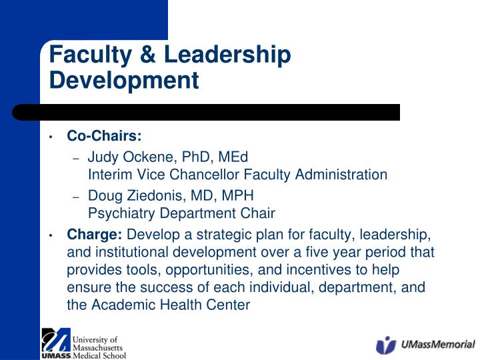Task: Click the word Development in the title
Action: coord(124,81)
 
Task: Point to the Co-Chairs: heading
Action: coord(104,137)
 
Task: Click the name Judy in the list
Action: coord(102,158)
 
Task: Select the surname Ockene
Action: coord(147,158)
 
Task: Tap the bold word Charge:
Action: coord(95,235)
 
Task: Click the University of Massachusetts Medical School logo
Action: coord(83,343)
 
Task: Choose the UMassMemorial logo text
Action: coord(438,345)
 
